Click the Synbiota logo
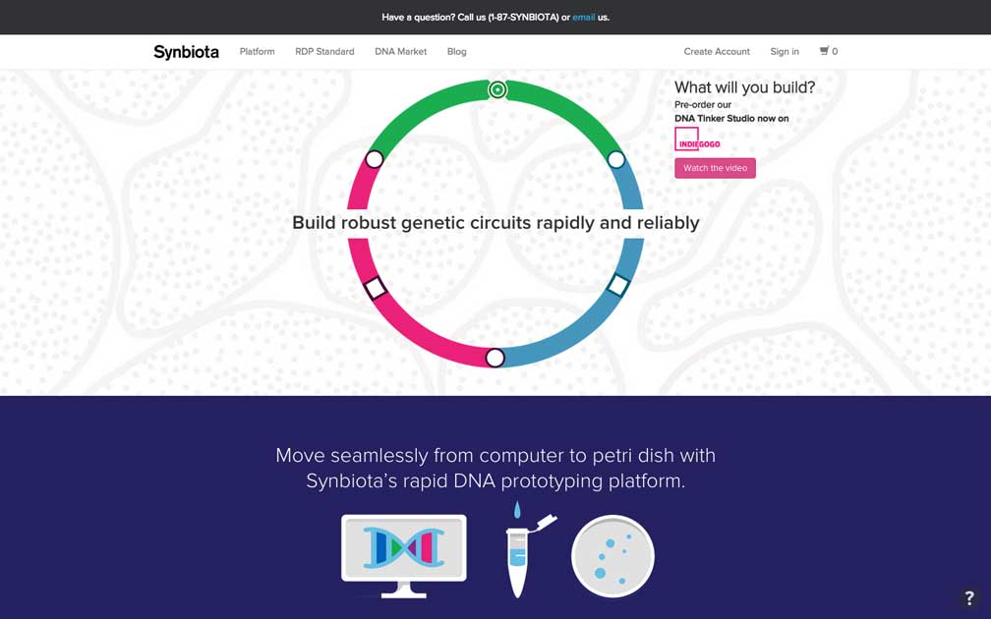point(186,52)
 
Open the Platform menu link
point(258,52)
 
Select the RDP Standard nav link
point(324,52)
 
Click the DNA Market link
point(401,52)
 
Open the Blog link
point(457,52)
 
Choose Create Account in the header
point(717,52)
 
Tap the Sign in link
point(785,52)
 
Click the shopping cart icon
point(824,50)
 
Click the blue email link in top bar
point(583,17)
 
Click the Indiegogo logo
point(696,140)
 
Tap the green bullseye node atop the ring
point(498,90)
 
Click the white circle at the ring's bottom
point(495,358)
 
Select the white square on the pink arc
point(376,287)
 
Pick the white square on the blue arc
point(618,285)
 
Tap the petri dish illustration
point(612,556)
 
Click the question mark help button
point(969,597)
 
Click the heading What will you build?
point(744,87)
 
